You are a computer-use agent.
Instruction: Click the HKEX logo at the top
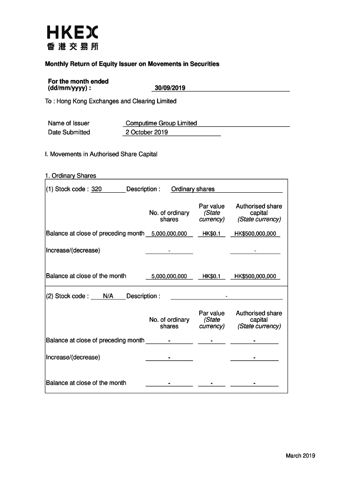(72, 33)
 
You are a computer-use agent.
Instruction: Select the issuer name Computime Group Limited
(161, 123)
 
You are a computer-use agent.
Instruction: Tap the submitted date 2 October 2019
(146, 132)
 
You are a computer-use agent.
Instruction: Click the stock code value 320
(97, 189)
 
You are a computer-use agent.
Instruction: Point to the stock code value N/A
(108, 296)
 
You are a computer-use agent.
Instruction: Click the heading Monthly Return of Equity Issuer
(132, 64)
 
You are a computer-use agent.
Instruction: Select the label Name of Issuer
(68, 123)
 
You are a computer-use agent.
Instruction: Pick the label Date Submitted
(69, 132)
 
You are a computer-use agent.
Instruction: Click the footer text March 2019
(301, 456)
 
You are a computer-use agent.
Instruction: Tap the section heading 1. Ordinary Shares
(71, 176)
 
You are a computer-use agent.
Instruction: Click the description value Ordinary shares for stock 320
(193, 189)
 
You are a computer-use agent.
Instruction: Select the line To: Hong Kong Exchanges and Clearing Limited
(111, 101)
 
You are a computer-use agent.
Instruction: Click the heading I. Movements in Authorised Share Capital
(101, 154)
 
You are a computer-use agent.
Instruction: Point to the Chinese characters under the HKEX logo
(72, 47)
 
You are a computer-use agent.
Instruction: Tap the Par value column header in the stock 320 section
(211, 212)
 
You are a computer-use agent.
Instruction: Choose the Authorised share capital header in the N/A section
(259, 319)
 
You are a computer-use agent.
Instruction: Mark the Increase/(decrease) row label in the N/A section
(73, 357)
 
